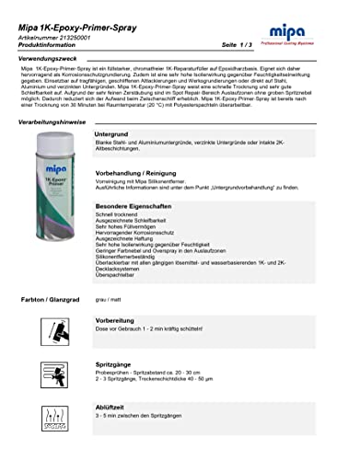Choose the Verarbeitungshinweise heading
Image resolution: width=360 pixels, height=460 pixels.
point(55,121)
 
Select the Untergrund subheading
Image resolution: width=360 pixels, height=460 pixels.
point(112,134)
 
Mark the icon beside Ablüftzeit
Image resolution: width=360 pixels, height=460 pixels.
point(52,420)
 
